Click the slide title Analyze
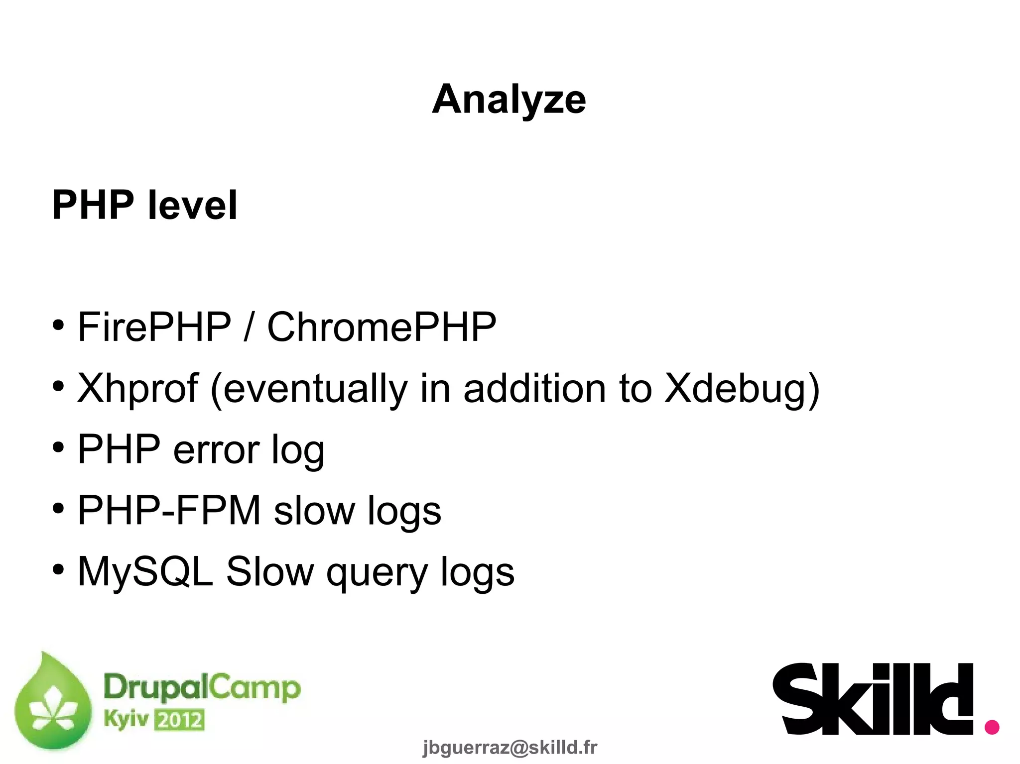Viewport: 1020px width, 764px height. coord(509,100)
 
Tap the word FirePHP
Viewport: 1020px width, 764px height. coord(154,327)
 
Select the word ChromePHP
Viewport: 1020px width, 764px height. coord(382,327)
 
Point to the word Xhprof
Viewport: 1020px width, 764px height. coord(138,389)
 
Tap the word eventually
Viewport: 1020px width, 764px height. coord(315,389)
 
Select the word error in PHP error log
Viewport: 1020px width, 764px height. coord(216,449)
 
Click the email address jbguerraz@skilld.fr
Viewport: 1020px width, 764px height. coord(510,747)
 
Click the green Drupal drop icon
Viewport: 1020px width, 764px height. coord(53,702)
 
